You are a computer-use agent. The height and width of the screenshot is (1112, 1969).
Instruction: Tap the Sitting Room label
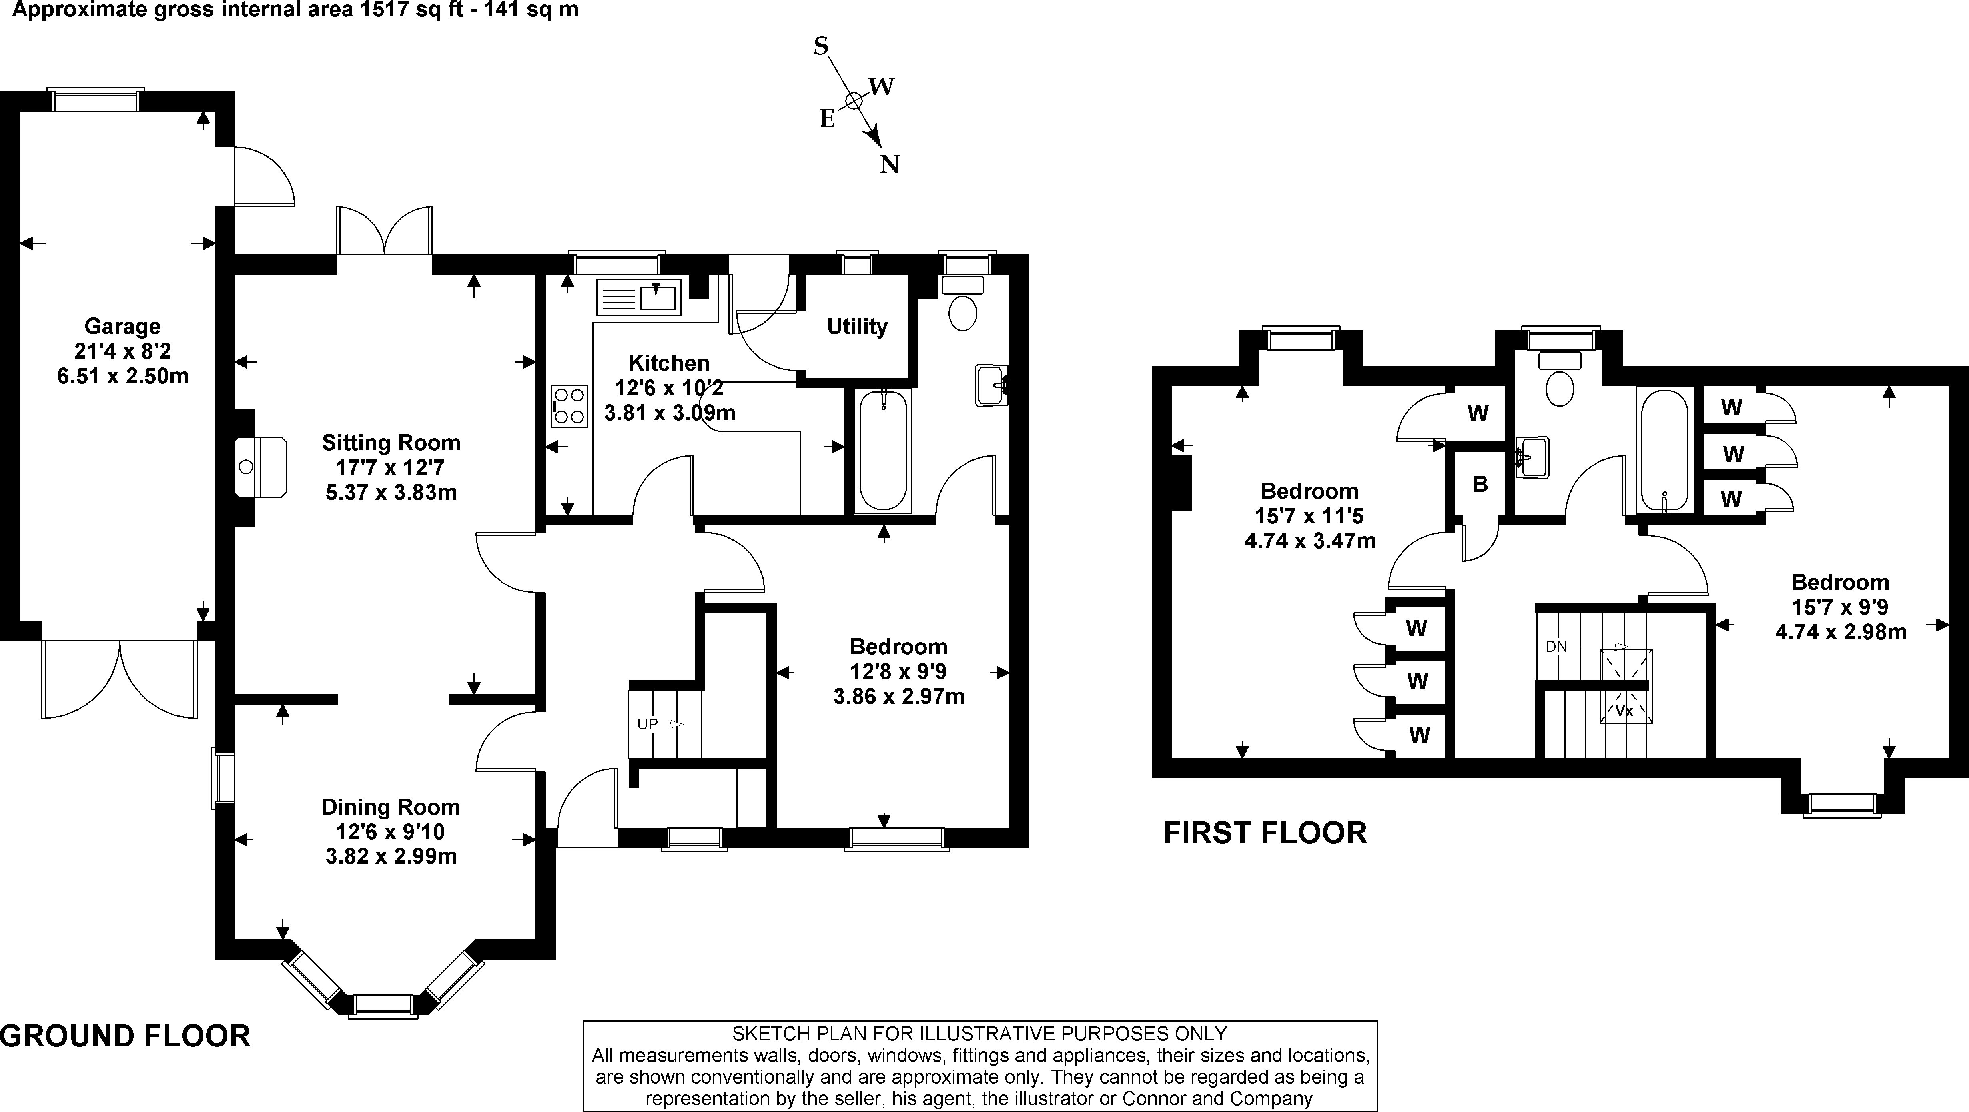tap(391, 443)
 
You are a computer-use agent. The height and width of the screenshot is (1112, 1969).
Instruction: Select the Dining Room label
tap(391, 807)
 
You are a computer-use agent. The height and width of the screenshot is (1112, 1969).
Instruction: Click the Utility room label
tap(857, 327)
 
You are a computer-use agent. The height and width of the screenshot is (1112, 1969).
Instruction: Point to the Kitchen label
tap(669, 363)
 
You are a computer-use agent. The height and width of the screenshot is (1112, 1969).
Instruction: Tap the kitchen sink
tap(639, 297)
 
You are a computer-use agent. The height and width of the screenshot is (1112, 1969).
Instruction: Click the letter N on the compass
tap(890, 164)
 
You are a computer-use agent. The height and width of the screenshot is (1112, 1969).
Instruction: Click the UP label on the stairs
tap(647, 724)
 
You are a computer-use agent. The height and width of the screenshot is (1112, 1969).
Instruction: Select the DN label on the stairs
tap(1556, 647)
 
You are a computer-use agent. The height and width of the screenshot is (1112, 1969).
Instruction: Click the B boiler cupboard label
tap(1480, 484)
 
